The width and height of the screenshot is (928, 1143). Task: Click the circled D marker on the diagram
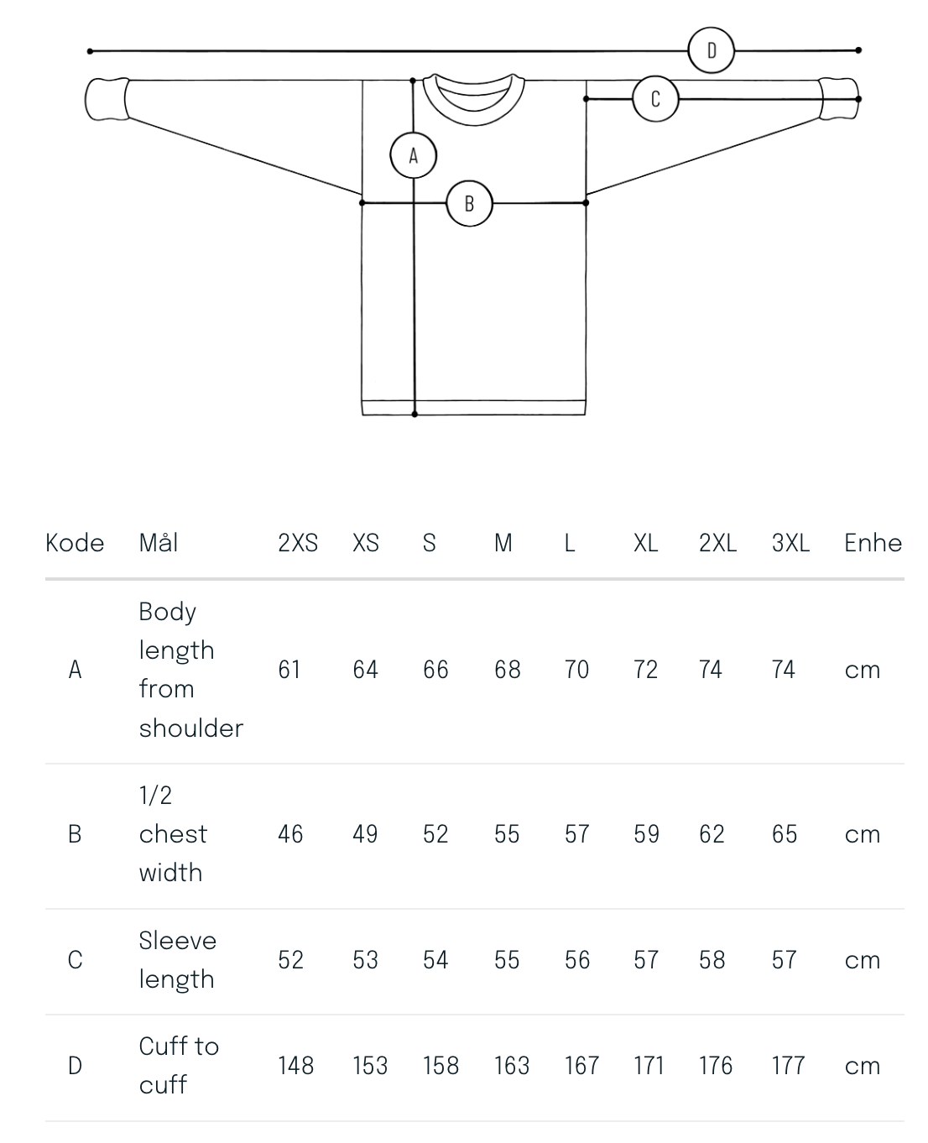pyautogui.click(x=711, y=50)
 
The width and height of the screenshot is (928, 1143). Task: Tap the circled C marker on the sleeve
pyautogui.click(x=655, y=99)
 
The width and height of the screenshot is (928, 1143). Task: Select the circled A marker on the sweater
pyautogui.click(x=413, y=155)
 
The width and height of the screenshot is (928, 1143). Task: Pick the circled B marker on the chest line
pyautogui.click(x=469, y=203)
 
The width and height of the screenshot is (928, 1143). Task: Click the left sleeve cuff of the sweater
pyautogui.click(x=107, y=99)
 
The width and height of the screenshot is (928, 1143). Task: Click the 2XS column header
pyautogui.click(x=298, y=542)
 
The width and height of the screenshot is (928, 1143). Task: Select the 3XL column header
pyautogui.click(x=790, y=542)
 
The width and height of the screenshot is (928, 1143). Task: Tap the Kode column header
pyautogui.click(x=75, y=542)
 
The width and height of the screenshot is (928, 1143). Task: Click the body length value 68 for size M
pyautogui.click(x=507, y=669)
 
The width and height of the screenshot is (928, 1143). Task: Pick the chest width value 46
pyautogui.click(x=290, y=834)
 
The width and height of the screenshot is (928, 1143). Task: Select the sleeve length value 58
pyautogui.click(x=712, y=960)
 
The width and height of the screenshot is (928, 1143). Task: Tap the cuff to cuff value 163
pyautogui.click(x=512, y=1066)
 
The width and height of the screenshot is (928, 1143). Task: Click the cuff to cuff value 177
pyautogui.click(x=788, y=1066)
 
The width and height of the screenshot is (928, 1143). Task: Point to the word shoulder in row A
pyautogui.click(x=191, y=728)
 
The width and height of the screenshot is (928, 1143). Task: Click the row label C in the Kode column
pyautogui.click(x=76, y=960)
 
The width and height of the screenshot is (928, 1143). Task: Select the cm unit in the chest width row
pyautogui.click(x=862, y=835)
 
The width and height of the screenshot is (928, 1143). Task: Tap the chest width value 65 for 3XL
pyautogui.click(x=785, y=834)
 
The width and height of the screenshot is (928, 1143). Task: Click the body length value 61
pyautogui.click(x=289, y=669)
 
